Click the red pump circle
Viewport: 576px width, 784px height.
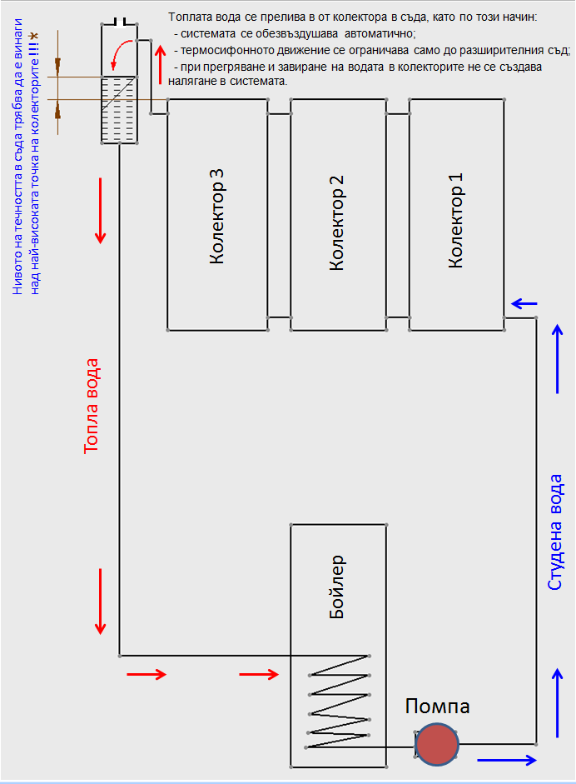click(x=438, y=746)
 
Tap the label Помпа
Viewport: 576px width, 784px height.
click(x=438, y=707)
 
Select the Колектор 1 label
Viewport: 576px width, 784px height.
click(x=457, y=222)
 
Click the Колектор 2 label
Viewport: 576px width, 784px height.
click(x=337, y=223)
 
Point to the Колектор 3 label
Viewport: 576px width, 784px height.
click(x=216, y=217)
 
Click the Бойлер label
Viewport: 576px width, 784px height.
click(x=337, y=587)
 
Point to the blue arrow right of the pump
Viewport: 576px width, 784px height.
click(x=507, y=760)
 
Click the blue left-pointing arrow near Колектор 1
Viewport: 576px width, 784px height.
click(x=524, y=303)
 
